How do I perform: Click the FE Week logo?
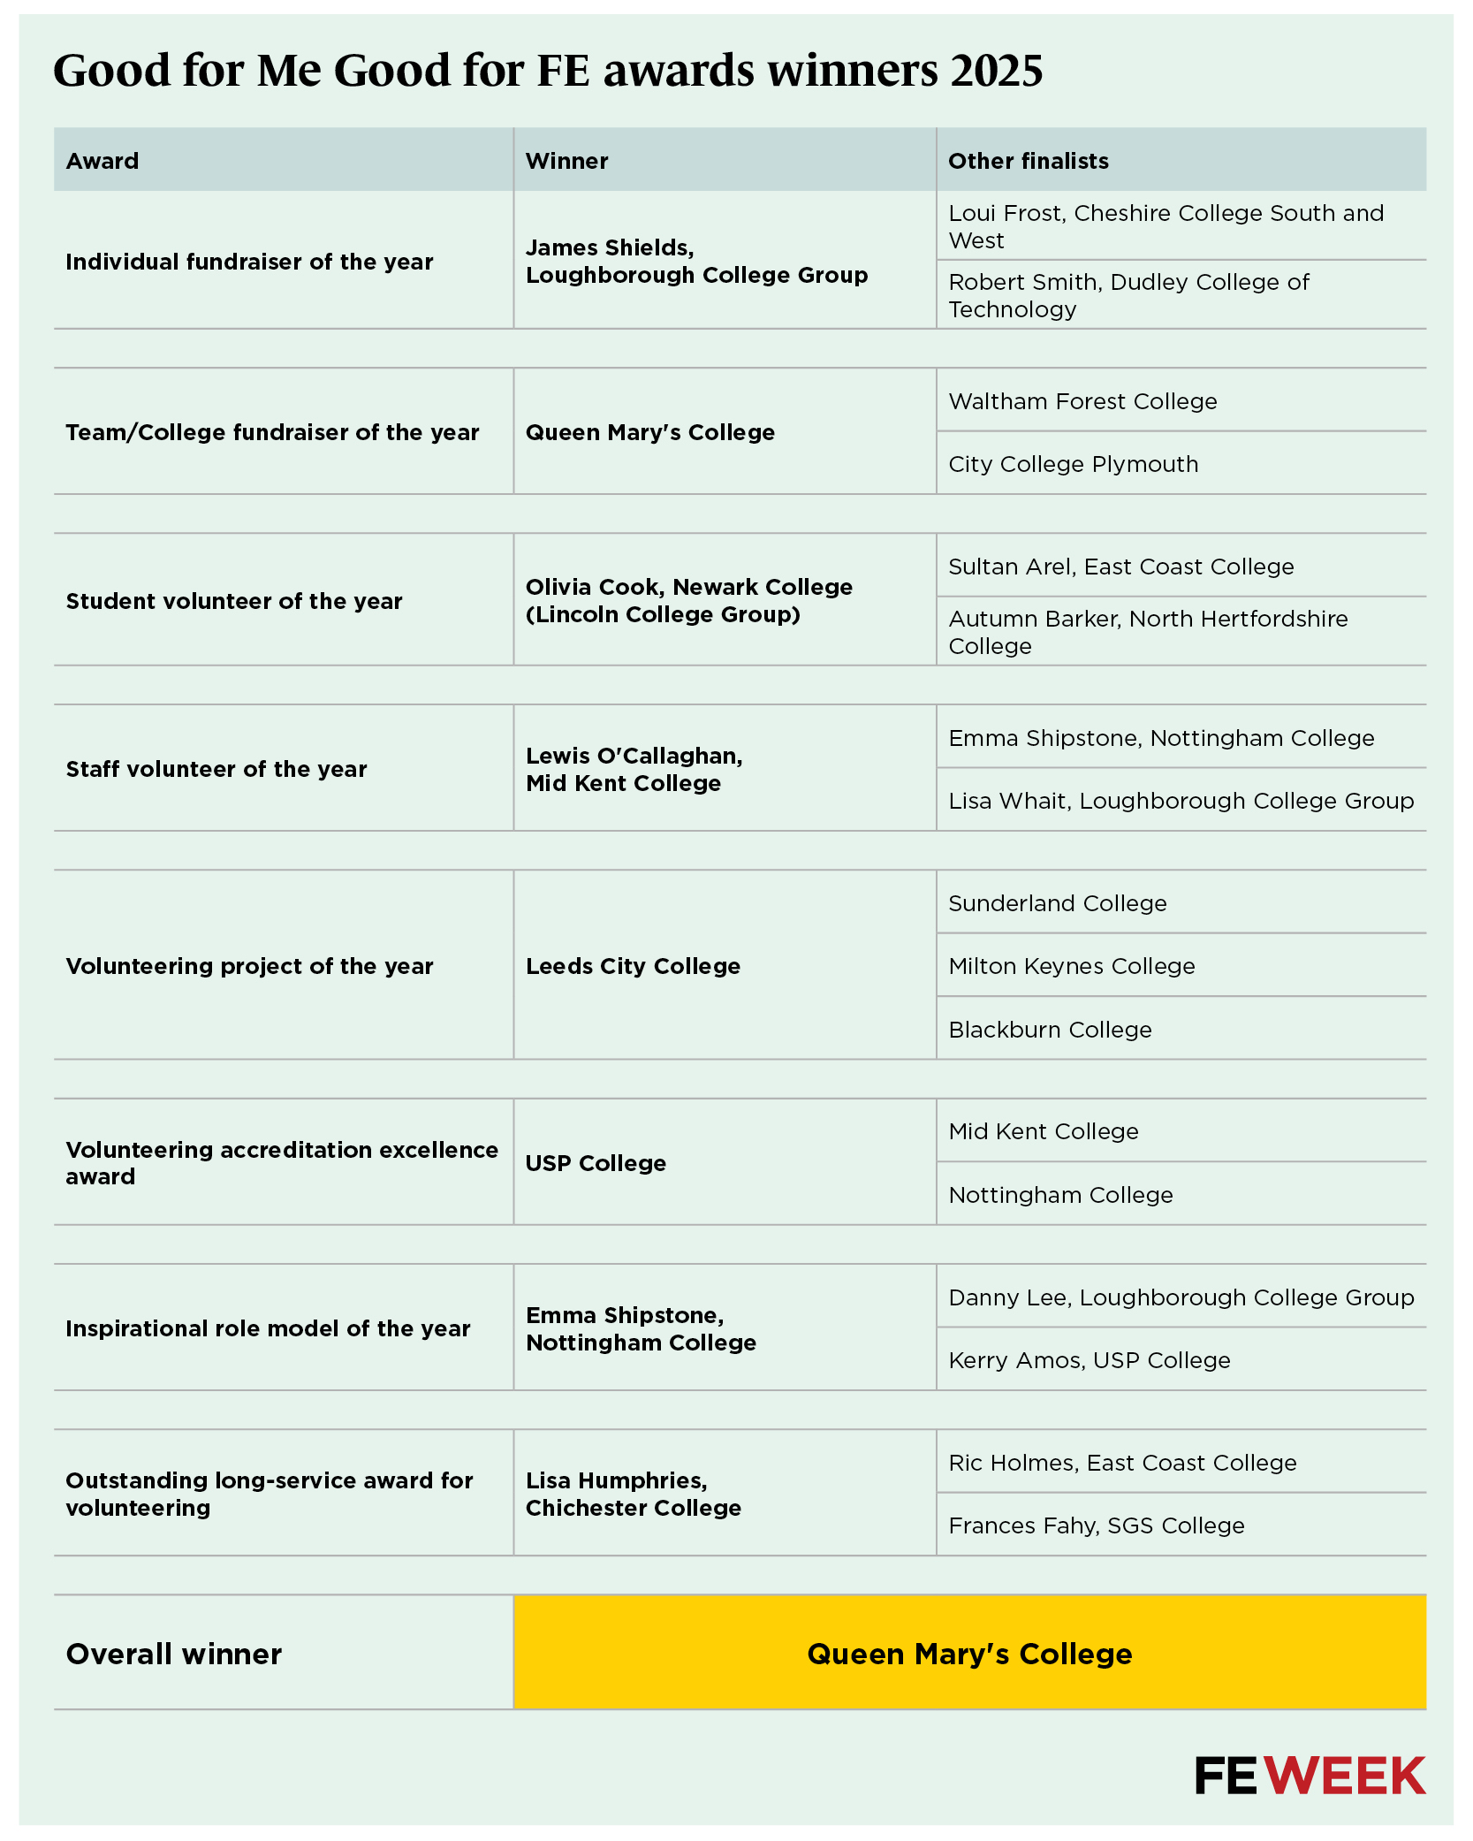click(1310, 1776)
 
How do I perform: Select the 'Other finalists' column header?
click(1028, 161)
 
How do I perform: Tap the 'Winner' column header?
click(566, 161)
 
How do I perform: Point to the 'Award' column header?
click(103, 161)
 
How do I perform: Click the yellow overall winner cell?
click(969, 1654)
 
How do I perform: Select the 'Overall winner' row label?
click(174, 1654)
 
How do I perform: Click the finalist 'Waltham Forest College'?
click(1082, 401)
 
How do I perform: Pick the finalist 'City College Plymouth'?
click(1073, 464)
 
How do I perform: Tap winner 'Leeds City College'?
click(633, 966)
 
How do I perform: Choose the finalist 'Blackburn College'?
click(1050, 1030)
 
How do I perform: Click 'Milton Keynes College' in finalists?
click(1071, 966)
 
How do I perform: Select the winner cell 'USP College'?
click(596, 1163)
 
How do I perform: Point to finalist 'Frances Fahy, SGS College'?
click(1096, 1525)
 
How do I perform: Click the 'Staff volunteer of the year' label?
click(216, 769)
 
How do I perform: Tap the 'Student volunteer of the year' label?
click(234, 601)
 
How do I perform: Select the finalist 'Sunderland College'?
click(1057, 903)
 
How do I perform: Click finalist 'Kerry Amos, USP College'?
click(1089, 1360)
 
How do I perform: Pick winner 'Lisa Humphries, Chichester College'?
click(633, 1494)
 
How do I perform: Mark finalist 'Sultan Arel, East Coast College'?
click(1120, 567)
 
